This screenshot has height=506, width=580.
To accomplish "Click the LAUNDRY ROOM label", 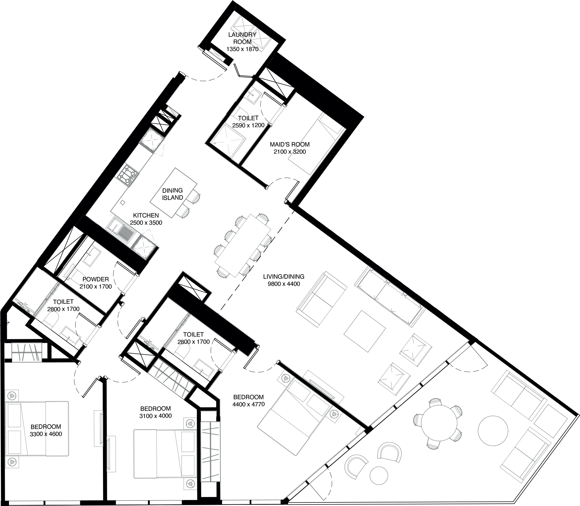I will click(x=242, y=38).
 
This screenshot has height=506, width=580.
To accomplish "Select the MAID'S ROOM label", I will click(x=290, y=144).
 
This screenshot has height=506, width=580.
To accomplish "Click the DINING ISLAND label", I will click(x=173, y=194).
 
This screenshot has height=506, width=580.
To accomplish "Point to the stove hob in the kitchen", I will click(x=128, y=174).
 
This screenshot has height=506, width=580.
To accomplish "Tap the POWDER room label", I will click(x=96, y=279).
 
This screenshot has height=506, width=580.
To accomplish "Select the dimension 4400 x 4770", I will click(x=248, y=405).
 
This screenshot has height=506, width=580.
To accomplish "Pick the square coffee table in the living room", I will click(x=365, y=331).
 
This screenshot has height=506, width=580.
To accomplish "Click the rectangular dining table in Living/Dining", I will click(x=243, y=245).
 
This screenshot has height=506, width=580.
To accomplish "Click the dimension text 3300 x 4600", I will click(x=46, y=434).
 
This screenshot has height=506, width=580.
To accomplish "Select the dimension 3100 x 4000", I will click(x=156, y=416).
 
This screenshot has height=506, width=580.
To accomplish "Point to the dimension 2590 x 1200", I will click(x=248, y=125).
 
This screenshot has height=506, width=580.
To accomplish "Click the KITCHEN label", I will click(x=146, y=215).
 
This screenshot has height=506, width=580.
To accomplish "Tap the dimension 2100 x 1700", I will click(x=96, y=287).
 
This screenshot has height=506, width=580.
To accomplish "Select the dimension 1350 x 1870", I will click(x=242, y=49).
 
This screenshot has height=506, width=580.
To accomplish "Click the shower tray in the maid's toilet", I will click(x=230, y=140).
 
